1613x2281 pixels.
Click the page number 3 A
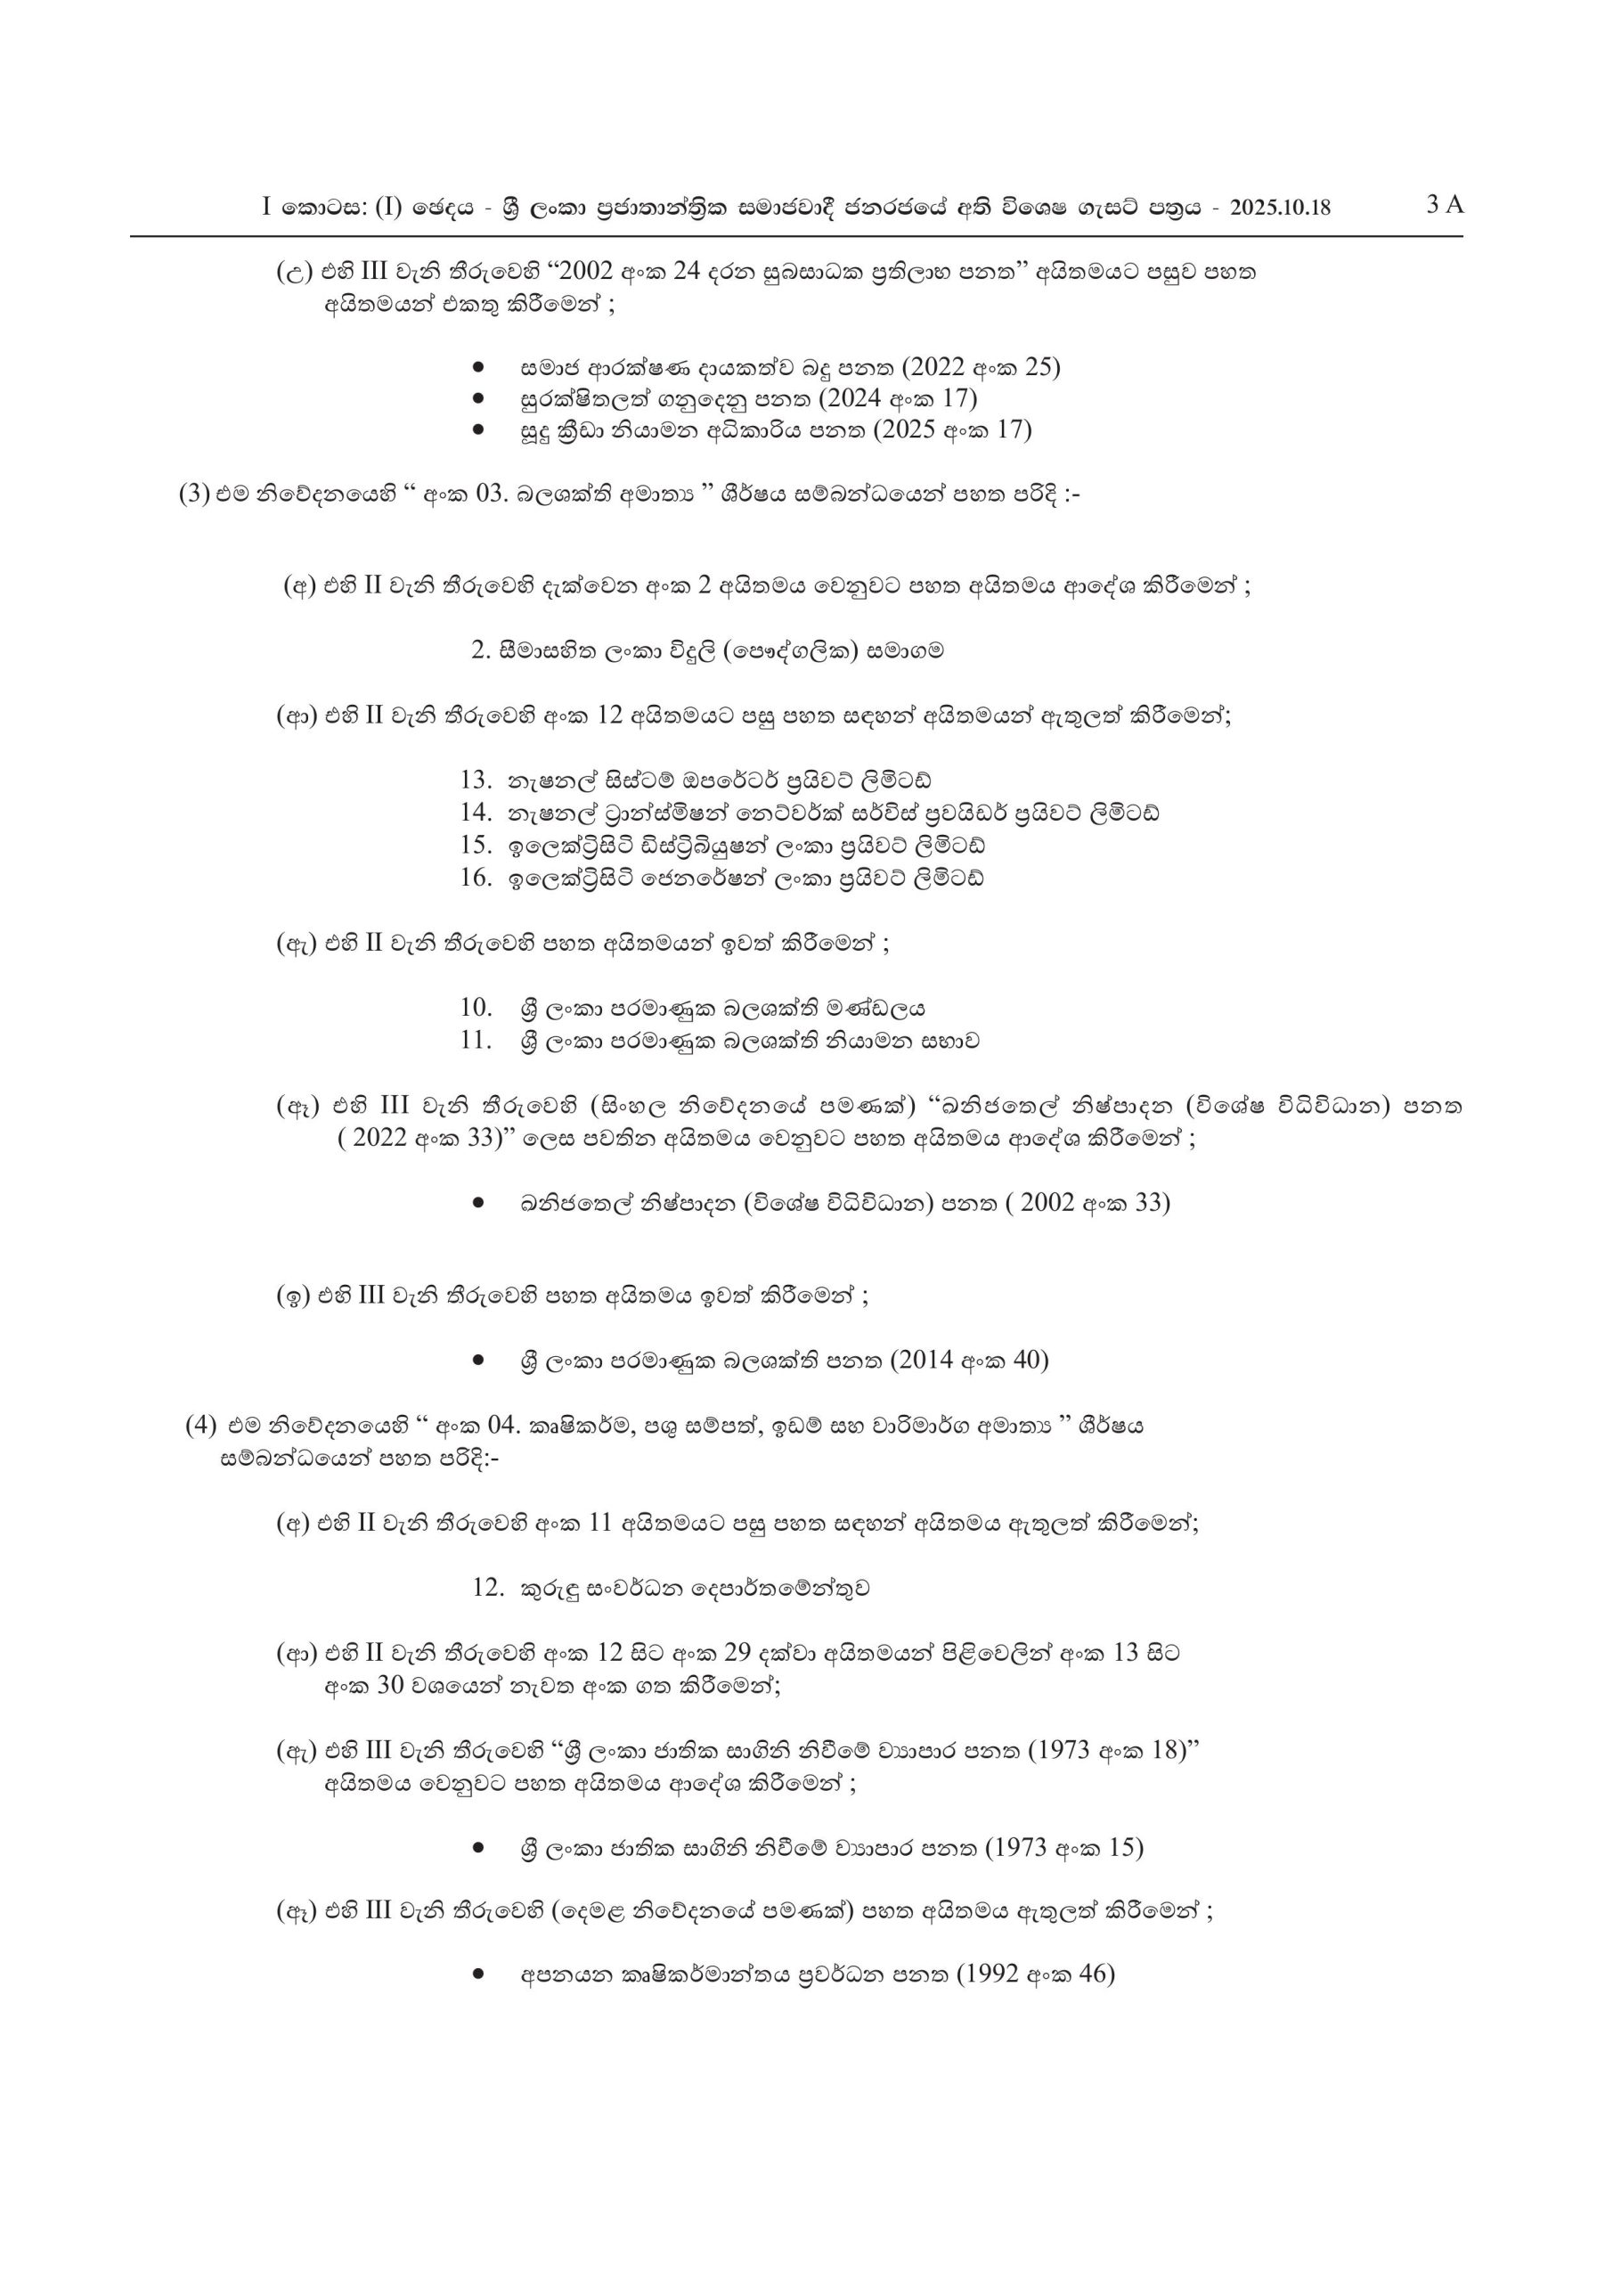point(1444,204)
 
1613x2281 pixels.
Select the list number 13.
point(476,779)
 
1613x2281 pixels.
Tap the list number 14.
point(476,812)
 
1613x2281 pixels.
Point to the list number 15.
point(476,845)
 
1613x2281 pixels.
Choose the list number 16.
point(476,878)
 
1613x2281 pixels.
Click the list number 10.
point(476,1008)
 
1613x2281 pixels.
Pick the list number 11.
point(476,1040)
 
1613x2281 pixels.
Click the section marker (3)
point(192,494)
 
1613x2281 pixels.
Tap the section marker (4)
point(200,1425)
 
